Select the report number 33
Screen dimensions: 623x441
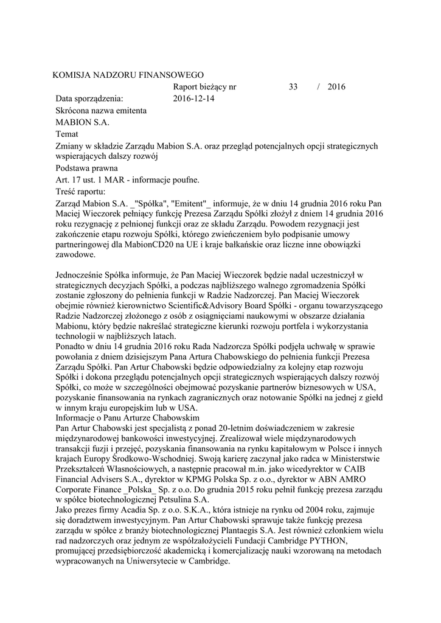pyautogui.click(x=293, y=86)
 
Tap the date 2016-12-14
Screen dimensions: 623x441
pyautogui.click(x=193, y=98)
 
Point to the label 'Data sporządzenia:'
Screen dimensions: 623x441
pyautogui.click(x=89, y=98)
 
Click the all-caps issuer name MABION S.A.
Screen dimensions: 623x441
pyautogui.click(x=82, y=122)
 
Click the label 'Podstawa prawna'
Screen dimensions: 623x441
pyautogui.click(x=86, y=168)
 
